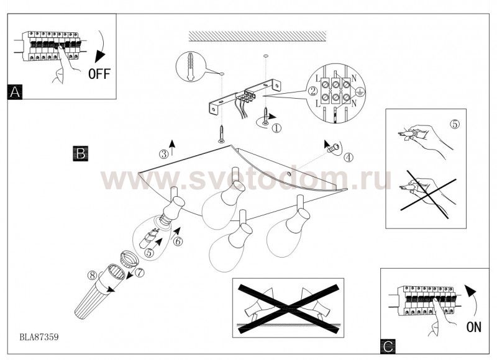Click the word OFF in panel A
[99, 74]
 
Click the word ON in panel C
[474, 327]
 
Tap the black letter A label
[15, 92]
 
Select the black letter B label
[81, 153]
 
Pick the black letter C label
[388, 346]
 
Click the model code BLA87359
[39, 337]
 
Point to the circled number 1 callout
[276, 128]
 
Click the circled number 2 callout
[313, 91]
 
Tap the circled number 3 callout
[164, 154]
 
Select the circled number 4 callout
[349, 157]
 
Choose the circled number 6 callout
[178, 241]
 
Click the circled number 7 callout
[139, 272]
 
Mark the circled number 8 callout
[93, 275]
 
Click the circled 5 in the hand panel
[455, 124]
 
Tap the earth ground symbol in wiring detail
[360, 92]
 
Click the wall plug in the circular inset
[190, 67]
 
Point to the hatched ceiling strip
[257, 36]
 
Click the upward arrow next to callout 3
[172, 148]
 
